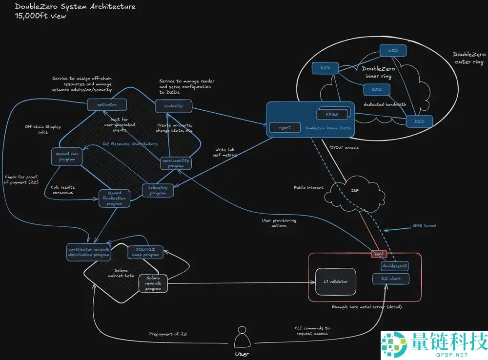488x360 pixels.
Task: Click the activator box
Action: click(x=107, y=104)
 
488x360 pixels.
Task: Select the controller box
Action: click(x=174, y=106)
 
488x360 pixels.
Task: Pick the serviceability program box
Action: click(x=176, y=163)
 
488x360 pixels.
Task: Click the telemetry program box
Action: click(x=158, y=190)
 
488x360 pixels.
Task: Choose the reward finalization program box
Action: click(x=115, y=199)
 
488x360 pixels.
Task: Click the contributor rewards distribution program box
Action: click(x=89, y=252)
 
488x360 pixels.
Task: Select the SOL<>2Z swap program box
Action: click(x=144, y=252)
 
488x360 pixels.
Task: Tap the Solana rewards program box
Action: click(x=153, y=283)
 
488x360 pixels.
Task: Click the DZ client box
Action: click(x=394, y=279)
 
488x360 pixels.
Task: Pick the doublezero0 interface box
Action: click(x=394, y=266)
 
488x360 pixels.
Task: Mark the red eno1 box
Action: click(x=379, y=254)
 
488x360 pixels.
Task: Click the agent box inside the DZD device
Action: click(x=285, y=128)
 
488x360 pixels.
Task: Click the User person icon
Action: click(x=241, y=337)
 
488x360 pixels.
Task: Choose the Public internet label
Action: click(x=308, y=187)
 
